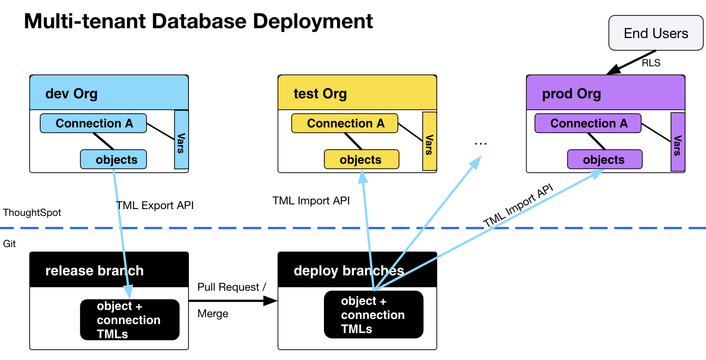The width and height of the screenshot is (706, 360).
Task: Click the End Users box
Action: (x=656, y=33)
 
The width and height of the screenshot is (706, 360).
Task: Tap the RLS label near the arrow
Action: (x=651, y=63)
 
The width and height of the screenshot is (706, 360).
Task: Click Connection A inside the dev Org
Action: (x=94, y=123)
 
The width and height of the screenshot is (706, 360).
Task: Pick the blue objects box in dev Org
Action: (x=114, y=159)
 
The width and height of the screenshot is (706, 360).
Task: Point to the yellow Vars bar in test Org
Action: (x=429, y=142)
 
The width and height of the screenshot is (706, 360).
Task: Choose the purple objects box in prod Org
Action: (x=604, y=159)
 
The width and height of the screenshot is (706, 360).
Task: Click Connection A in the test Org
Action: (x=345, y=123)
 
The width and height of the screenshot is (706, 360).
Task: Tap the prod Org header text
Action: (x=571, y=93)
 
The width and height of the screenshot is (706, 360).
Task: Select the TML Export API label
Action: (x=155, y=205)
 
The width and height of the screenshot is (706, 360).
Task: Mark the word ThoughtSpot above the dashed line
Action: (x=32, y=212)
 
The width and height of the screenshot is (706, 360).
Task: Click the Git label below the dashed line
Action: (x=9, y=244)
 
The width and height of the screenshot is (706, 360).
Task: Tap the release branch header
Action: (x=94, y=270)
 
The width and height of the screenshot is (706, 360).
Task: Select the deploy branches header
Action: (x=348, y=270)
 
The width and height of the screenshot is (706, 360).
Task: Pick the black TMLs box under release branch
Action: (x=130, y=320)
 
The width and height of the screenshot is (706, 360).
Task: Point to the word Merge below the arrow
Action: (x=213, y=313)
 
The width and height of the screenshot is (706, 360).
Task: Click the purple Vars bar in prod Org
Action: (x=678, y=142)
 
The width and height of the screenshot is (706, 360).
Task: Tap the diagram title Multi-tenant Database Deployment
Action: (x=198, y=21)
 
